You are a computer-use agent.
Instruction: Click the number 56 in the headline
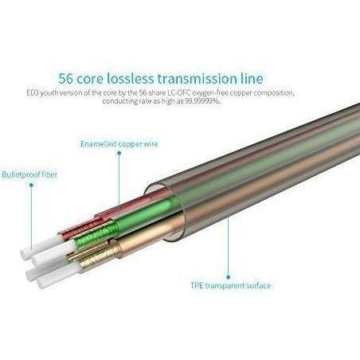(x=65, y=79)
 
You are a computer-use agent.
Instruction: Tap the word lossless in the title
(x=131, y=79)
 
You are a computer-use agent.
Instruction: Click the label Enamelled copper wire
(x=119, y=144)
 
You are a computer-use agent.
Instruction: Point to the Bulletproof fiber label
(x=29, y=174)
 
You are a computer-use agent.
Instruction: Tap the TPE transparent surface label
(x=231, y=286)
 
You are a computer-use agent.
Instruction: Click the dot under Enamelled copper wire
(x=119, y=153)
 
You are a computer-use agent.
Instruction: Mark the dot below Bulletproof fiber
(x=31, y=185)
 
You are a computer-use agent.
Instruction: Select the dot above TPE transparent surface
(x=229, y=277)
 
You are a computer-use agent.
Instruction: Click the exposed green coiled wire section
(x=96, y=234)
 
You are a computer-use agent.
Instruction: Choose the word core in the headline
(x=89, y=80)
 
